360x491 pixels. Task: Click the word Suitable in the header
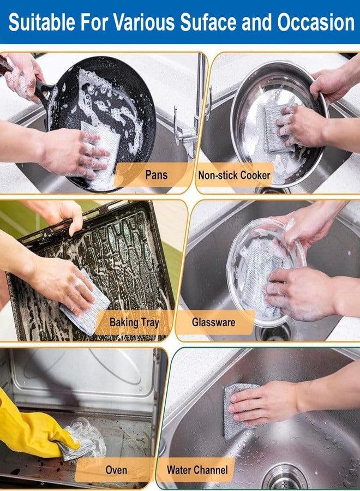(x=42, y=22)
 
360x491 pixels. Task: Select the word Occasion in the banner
(x=316, y=22)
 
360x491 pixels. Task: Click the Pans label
(x=156, y=175)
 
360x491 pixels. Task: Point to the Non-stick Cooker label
(x=234, y=175)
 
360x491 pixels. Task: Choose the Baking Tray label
(x=134, y=322)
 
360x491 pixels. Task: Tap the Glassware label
(x=213, y=322)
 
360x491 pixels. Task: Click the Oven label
(x=116, y=470)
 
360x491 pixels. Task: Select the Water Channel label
(x=197, y=470)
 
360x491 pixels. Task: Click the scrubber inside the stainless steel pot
(x=275, y=128)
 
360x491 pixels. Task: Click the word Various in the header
(x=143, y=22)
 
